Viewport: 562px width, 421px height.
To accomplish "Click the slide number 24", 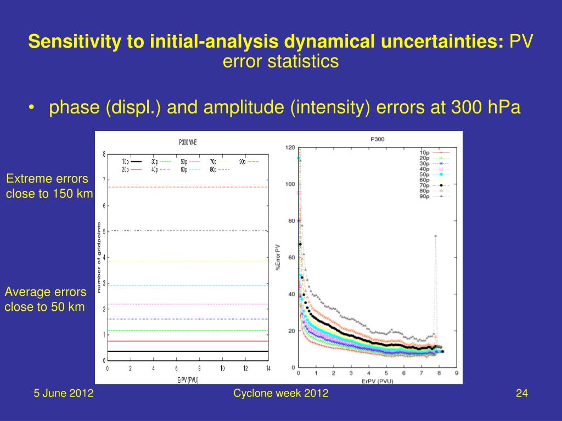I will pyautogui.click(x=521, y=393).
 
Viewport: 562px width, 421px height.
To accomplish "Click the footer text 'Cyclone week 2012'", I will pyautogui.click(x=280, y=393).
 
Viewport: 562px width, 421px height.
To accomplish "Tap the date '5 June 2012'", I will pyautogui.click(x=64, y=393).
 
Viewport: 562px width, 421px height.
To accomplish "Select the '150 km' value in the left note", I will pyautogui.click(x=75, y=194).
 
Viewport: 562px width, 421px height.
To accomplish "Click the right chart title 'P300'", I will pyautogui.click(x=377, y=139).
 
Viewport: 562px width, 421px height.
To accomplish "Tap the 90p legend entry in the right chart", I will pyautogui.click(x=434, y=196).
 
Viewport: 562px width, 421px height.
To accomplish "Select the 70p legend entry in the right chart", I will pyautogui.click(x=434, y=185).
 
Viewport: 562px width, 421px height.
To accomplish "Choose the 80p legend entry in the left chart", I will pyautogui.click(x=220, y=169).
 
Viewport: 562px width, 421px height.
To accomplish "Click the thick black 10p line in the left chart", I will pyautogui.click(x=187, y=351).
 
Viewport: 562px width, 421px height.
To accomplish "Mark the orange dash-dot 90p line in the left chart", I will pyautogui.click(x=187, y=187).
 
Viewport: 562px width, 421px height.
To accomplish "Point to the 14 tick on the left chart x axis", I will pyautogui.click(x=268, y=368).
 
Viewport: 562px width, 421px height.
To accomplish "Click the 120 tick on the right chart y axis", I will pyautogui.click(x=290, y=147).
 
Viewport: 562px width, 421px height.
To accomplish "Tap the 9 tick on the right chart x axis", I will pyautogui.click(x=456, y=373).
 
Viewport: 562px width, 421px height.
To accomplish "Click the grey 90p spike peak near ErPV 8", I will pyautogui.click(x=435, y=236).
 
